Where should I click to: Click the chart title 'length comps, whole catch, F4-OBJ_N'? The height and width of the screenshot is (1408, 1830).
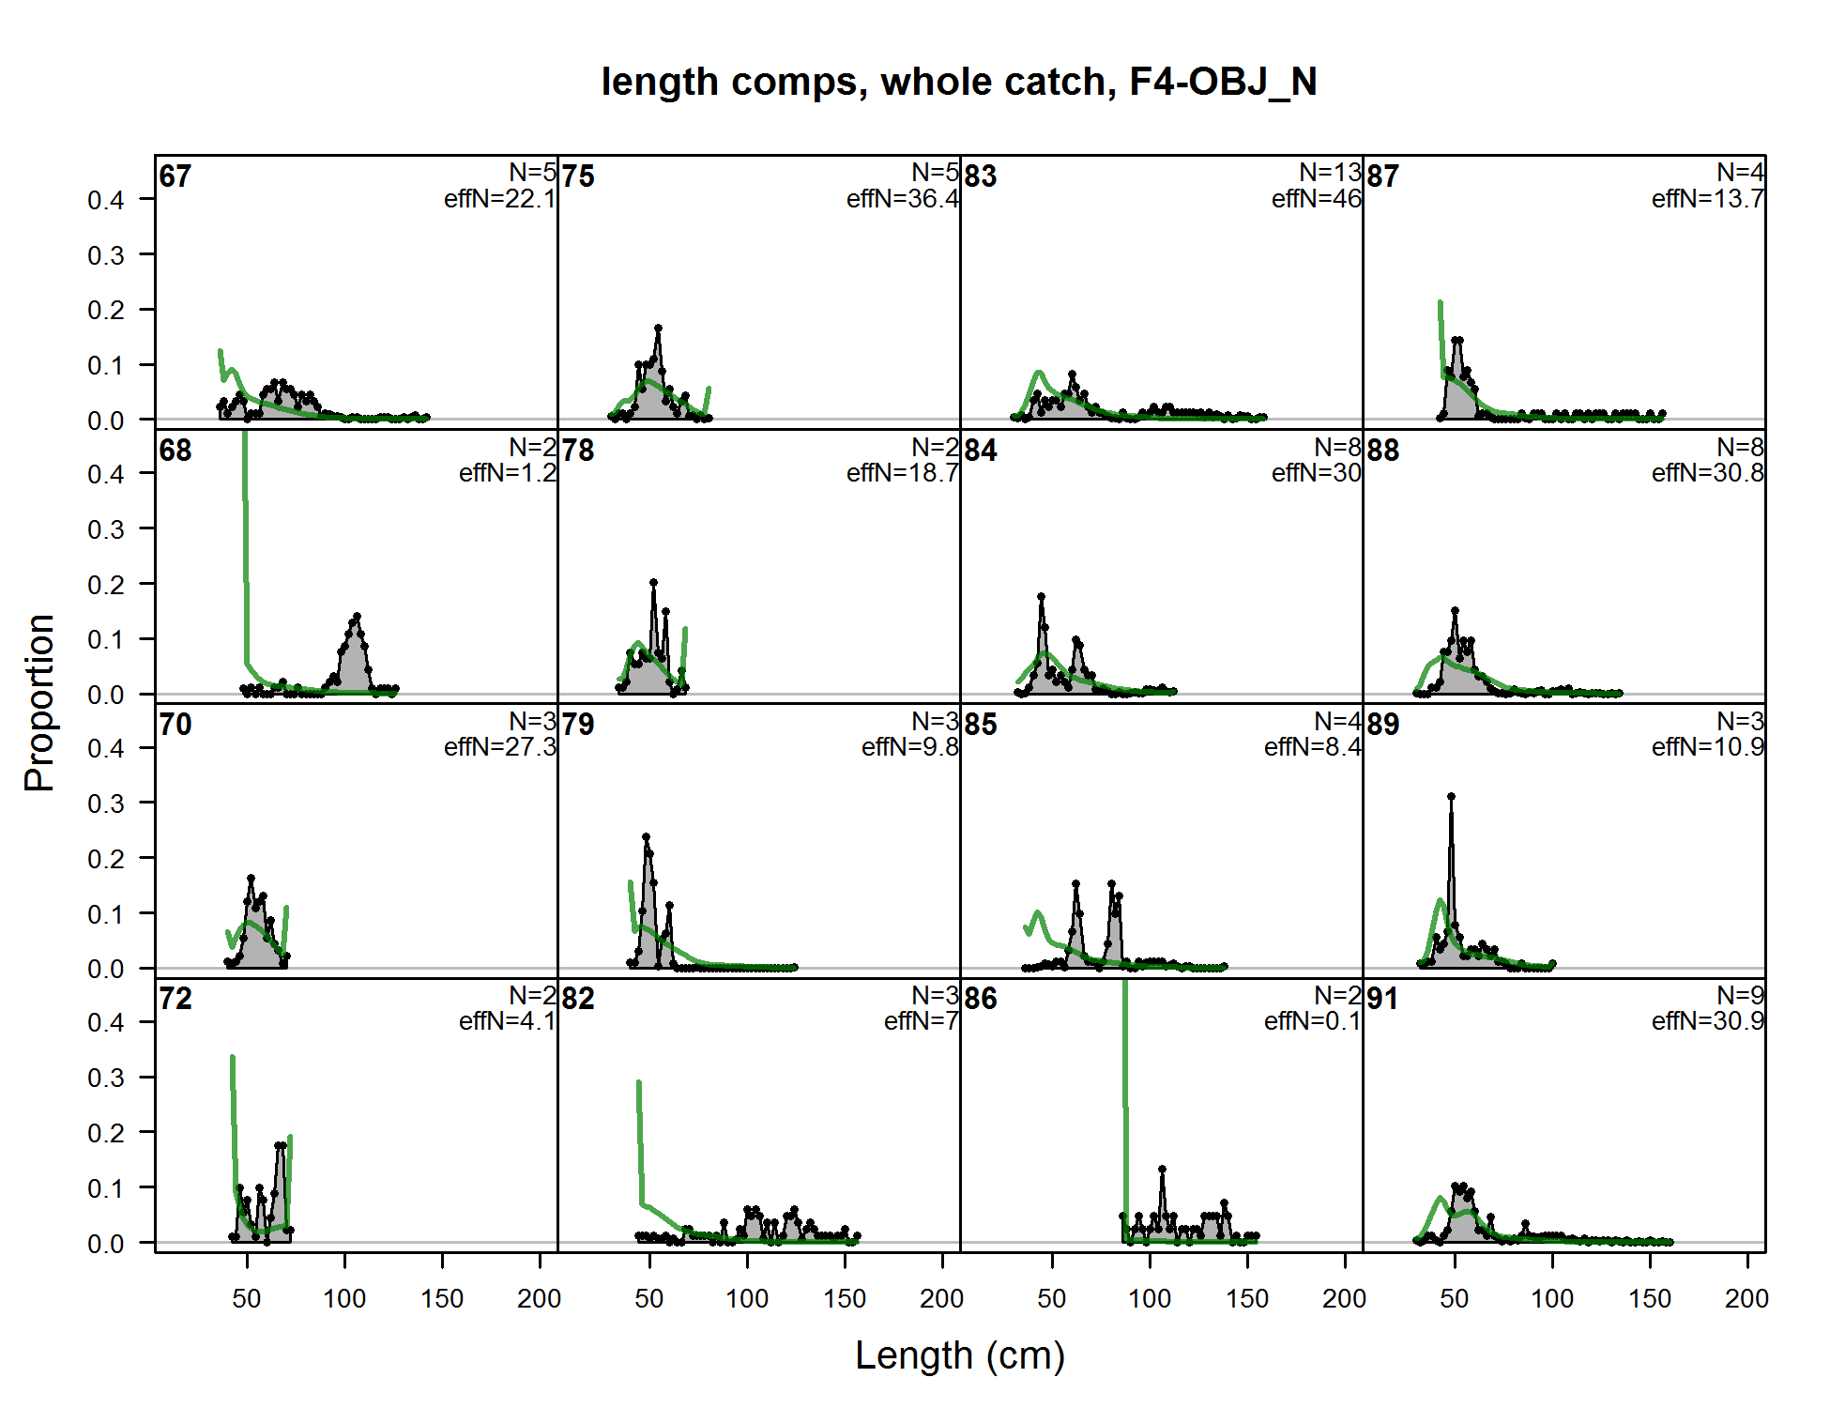pyautogui.click(x=959, y=82)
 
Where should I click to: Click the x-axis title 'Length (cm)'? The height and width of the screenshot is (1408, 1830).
pyautogui.click(x=960, y=1355)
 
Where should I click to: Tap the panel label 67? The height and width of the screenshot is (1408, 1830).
pyautogui.click(x=175, y=176)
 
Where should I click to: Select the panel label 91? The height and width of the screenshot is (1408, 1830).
pyautogui.click(x=1382, y=999)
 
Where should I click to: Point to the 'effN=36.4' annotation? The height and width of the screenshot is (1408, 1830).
pyautogui.click(x=902, y=199)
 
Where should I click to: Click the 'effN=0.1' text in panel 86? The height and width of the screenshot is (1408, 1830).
pyautogui.click(x=1312, y=1021)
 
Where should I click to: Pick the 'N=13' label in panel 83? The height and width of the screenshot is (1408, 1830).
pyautogui.click(x=1330, y=173)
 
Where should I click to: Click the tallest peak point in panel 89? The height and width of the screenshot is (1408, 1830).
pyautogui.click(x=1451, y=797)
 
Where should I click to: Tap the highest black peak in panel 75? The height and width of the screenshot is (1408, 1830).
pyautogui.click(x=658, y=329)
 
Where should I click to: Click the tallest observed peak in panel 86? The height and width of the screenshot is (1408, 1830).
pyautogui.click(x=1162, y=1170)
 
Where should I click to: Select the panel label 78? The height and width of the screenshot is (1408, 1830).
pyautogui.click(x=578, y=451)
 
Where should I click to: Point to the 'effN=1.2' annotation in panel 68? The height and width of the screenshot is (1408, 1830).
pyautogui.click(x=507, y=473)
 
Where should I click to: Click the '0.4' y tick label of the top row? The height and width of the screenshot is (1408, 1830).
pyautogui.click(x=105, y=200)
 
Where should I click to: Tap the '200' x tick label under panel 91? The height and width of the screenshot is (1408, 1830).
pyautogui.click(x=1746, y=1298)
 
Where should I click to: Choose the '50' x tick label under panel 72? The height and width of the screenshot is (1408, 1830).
pyautogui.click(x=247, y=1298)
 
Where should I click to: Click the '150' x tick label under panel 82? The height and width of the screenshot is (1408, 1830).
pyautogui.click(x=845, y=1298)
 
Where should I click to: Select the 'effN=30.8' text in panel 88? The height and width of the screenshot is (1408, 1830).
pyautogui.click(x=1707, y=473)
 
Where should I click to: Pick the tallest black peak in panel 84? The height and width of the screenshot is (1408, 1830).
pyautogui.click(x=1041, y=597)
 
